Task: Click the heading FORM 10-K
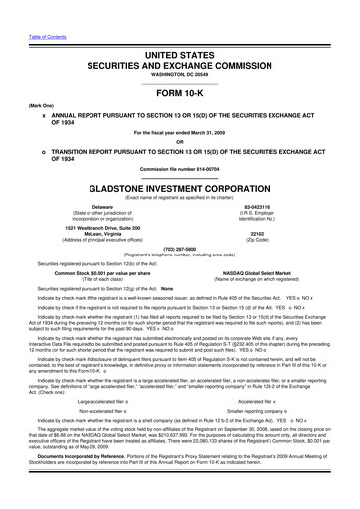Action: click(179, 88)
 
